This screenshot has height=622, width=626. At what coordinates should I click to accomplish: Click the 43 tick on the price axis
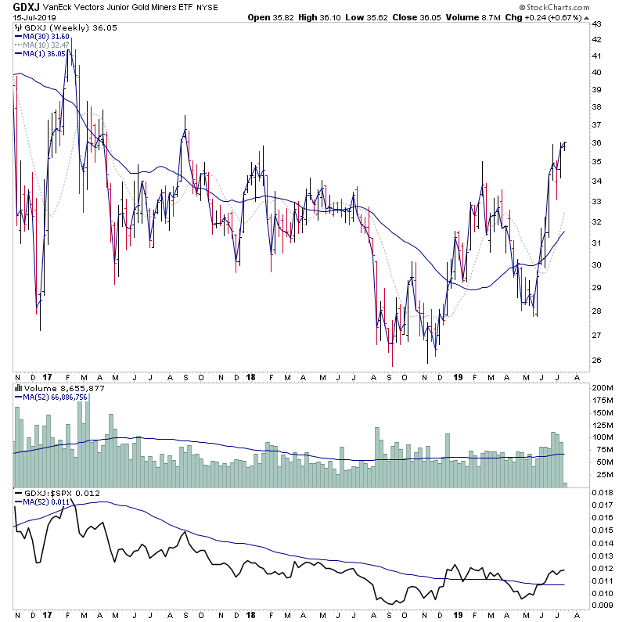click(x=596, y=23)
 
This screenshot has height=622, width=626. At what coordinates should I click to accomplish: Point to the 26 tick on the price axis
click(x=596, y=361)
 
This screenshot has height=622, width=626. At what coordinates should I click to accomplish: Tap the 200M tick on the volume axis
click(x=600, y=388)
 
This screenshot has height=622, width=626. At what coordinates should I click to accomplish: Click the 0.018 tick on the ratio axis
click(x=602, y=492)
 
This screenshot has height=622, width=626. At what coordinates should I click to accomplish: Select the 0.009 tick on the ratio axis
click(x=602, y=605)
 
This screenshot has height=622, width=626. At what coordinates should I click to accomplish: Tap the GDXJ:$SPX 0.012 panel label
click(x=59, y=492)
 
